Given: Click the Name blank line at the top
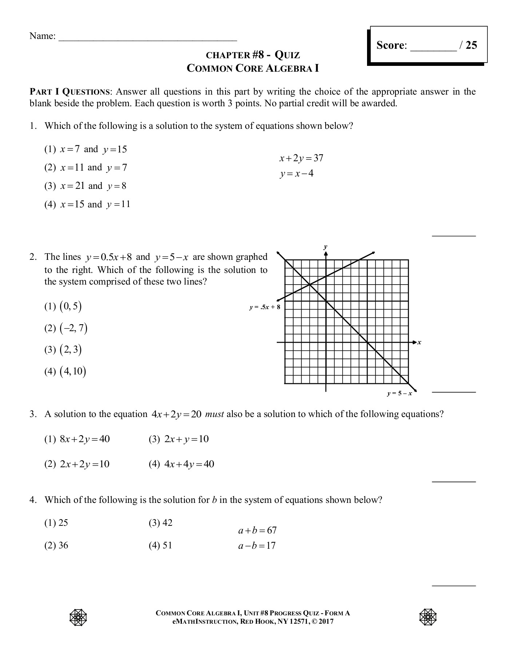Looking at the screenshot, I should click(x=147, y=38).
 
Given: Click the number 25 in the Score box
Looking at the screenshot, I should click(x=471, y=45).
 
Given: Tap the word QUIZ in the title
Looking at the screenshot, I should click(x=287, y=55).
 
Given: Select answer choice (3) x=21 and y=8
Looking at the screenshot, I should click(x=85, y=186).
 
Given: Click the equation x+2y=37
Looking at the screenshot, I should click(x=301, y=158).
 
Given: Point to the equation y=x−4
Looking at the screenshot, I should click(x=296, y=174).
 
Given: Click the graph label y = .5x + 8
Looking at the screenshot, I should click(x=264, y=307).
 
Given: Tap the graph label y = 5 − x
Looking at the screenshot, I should click(x=399, y=393).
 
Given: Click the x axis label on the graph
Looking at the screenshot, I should click(x=419, y=342).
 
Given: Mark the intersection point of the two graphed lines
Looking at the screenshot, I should click(x=309, y=285).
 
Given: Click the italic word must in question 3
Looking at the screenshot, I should click(x=214, y=414).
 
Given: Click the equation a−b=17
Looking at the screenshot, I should click(x=257, y=546).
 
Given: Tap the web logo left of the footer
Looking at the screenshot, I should click(x=78, y=618).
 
